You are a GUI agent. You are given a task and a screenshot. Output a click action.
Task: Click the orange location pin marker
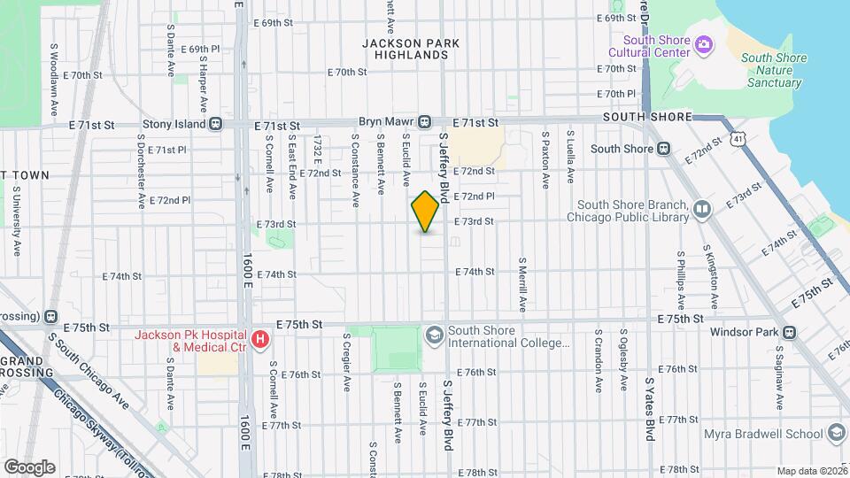426,212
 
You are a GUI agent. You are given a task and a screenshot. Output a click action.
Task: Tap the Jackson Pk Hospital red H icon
259,340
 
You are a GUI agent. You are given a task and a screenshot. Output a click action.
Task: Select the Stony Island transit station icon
215,125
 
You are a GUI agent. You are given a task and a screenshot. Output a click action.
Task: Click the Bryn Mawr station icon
425,121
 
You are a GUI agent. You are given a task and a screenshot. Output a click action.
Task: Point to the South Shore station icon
663,149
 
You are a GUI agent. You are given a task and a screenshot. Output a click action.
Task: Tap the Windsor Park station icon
789,333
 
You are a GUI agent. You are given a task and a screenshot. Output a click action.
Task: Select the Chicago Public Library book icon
702,210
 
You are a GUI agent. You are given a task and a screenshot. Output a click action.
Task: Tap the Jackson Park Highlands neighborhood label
406,48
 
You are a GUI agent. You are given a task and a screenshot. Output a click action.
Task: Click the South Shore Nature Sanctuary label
774,71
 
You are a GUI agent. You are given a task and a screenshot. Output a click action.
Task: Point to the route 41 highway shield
738,138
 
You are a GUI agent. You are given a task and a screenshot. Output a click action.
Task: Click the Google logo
29,466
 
